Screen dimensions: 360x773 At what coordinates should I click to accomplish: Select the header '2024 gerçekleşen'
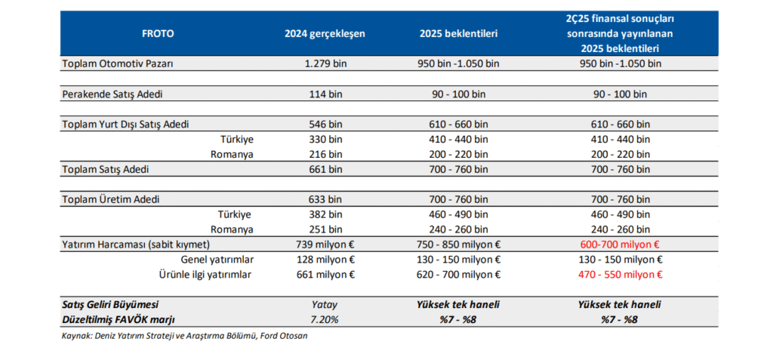[x=325, y=33]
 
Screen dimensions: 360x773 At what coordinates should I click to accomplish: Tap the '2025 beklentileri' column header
[x=458, y=33]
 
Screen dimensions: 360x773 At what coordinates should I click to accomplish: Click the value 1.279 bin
[x=325, y=63]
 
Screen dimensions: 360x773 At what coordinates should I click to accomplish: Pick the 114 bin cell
[x=325, y=94]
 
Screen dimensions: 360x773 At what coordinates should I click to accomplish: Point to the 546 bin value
[x=325, y=125]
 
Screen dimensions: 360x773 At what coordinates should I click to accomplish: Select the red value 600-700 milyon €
[x=621, y=245]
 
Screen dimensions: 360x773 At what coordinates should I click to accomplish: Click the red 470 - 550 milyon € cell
[x=621, y=275]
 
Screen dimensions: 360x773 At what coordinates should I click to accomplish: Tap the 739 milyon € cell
[x=325, y=245]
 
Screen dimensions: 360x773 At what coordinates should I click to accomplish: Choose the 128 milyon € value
[x=325, y=260]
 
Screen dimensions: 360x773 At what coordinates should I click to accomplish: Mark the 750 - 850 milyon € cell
[x=458, y=245]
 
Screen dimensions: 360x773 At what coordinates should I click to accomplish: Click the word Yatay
[x=325, y=305]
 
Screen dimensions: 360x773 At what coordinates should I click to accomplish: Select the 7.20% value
[x=325, y=319]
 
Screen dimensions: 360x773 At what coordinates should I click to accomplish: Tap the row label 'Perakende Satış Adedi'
[x=112, y=94]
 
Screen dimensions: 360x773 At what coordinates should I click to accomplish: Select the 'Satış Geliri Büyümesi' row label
[x=110, y=305]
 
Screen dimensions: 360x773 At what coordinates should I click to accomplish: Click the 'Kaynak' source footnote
[x=184, y=336]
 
